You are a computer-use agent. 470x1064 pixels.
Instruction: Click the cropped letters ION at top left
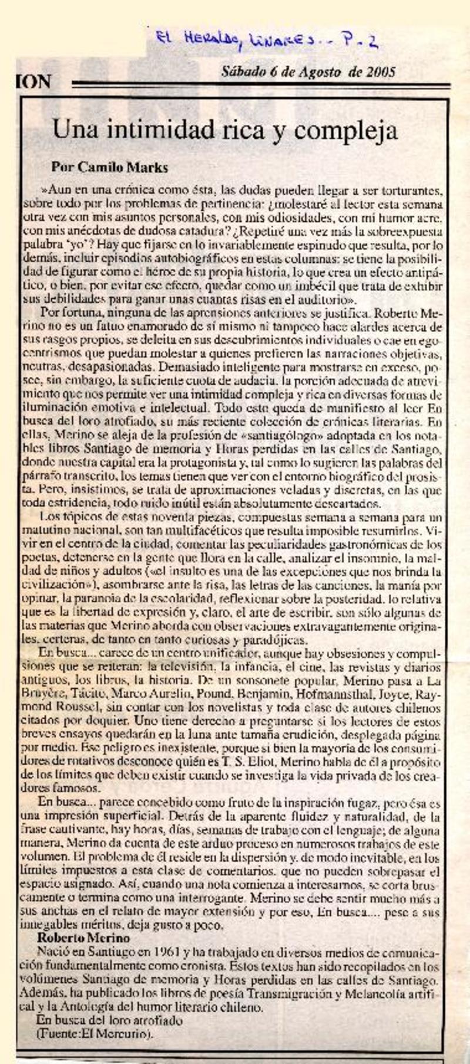point(33,82)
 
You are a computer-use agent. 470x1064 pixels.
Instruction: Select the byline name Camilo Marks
point(110,168)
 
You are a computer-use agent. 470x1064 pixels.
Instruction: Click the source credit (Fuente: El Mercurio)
point(95,1034)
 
